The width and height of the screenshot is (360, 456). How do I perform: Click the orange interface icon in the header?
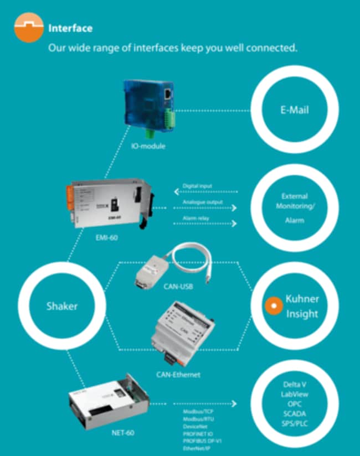point(28,28)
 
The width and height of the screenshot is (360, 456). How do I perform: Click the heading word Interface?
point(70,28)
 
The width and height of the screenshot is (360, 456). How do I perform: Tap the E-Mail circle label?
point(294,110)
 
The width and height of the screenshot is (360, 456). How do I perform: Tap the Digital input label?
point(197,186)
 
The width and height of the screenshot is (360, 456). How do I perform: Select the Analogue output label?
point(202,202)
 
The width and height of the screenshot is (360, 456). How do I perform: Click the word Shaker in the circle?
point(61,305)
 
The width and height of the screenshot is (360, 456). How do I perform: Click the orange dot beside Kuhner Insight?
point(271,305)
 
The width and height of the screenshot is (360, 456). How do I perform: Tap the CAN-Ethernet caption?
point(178,375)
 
